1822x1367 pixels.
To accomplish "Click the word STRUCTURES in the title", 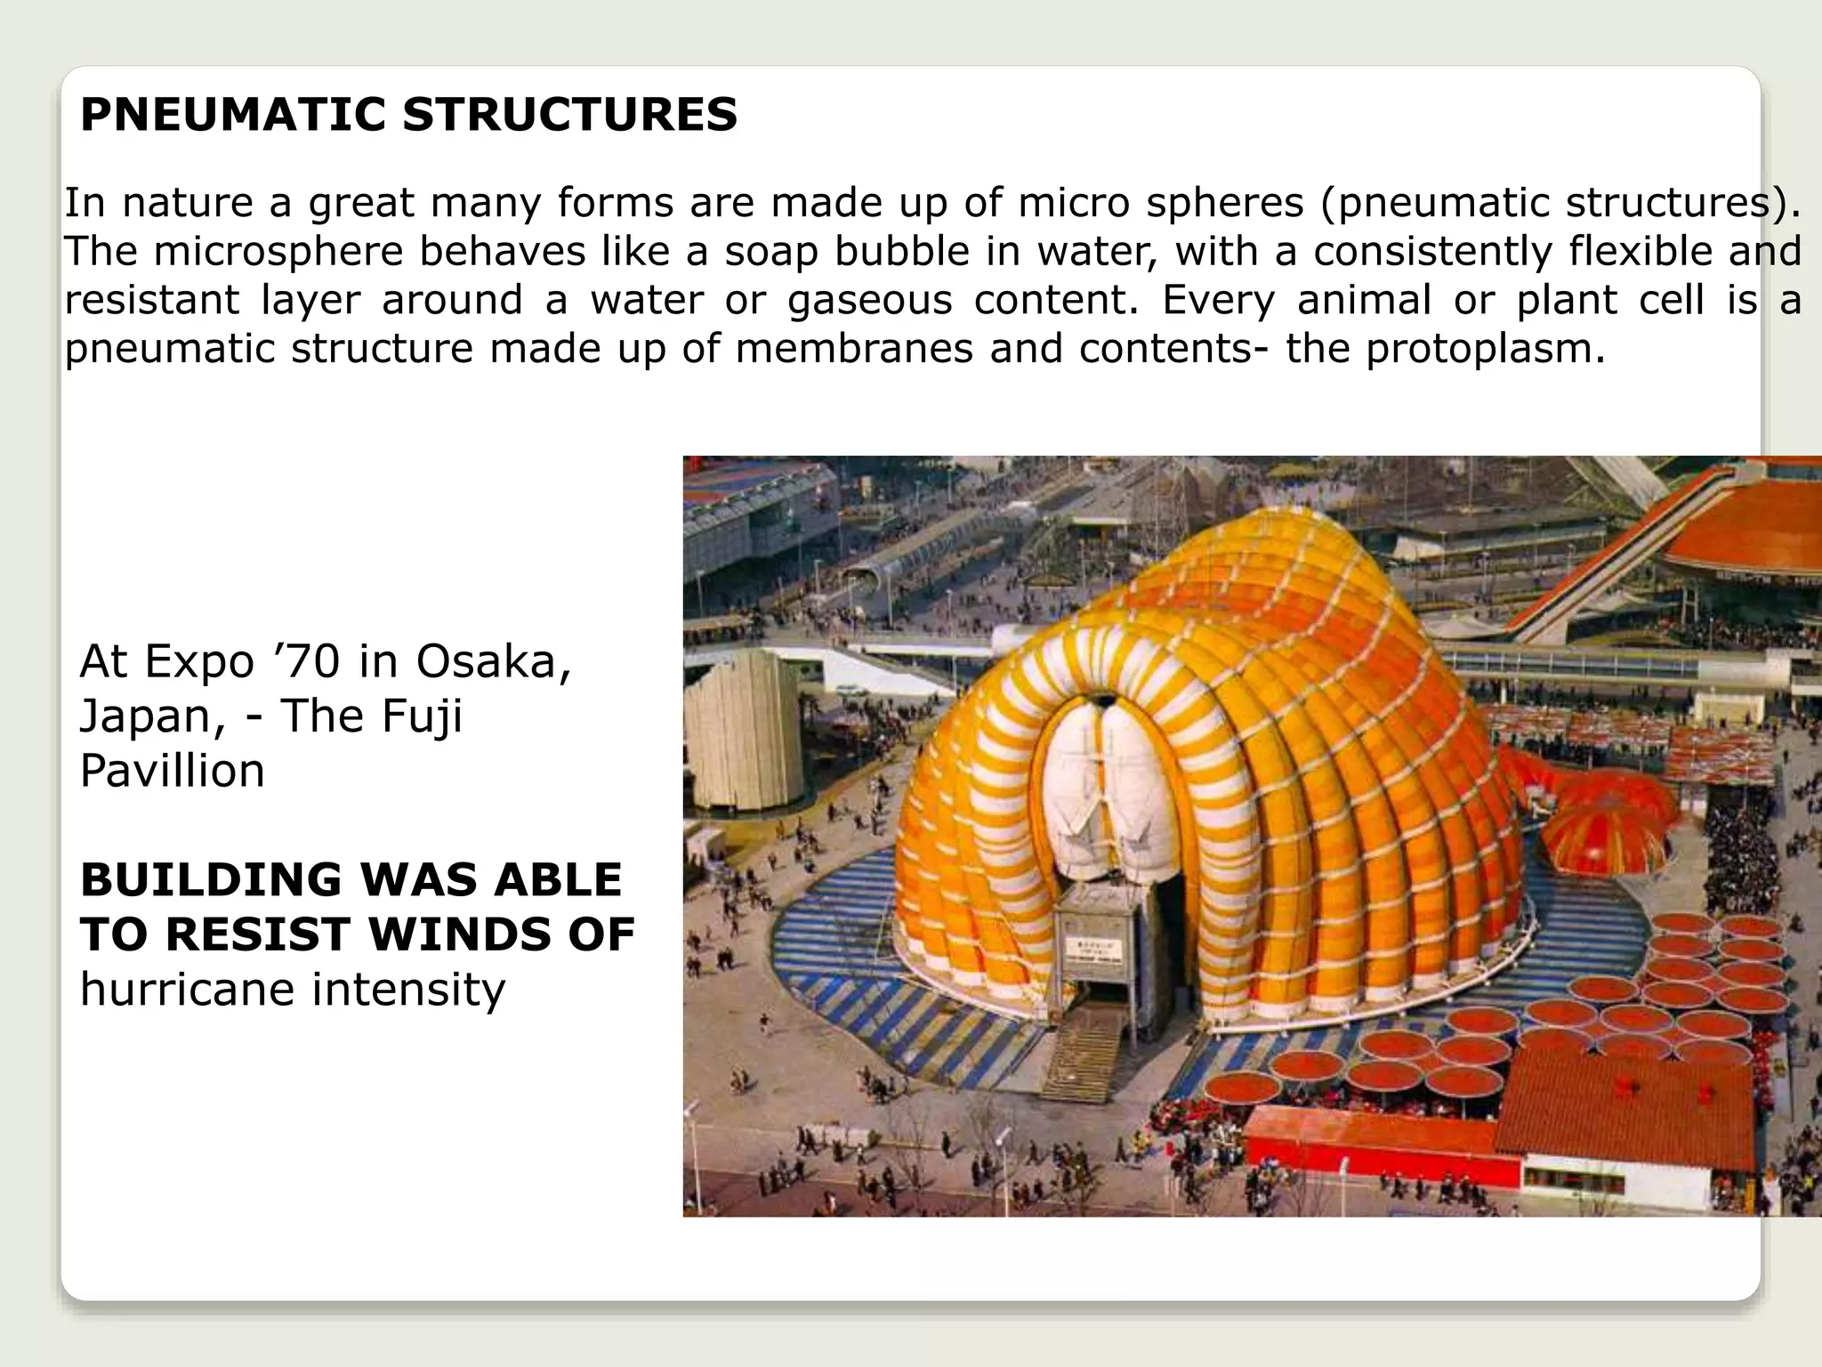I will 569,115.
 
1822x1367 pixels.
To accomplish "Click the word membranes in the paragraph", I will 854,348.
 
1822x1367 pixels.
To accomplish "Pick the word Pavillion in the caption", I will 172,771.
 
